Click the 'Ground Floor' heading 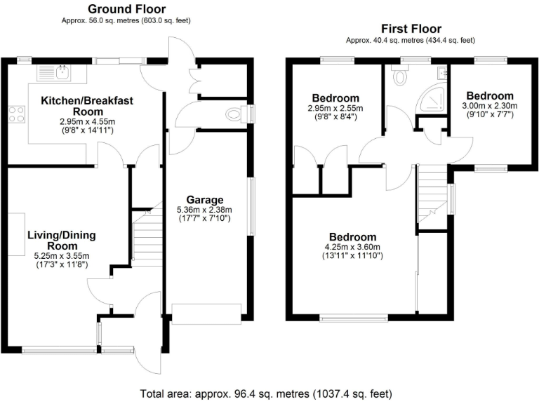coord(126,9)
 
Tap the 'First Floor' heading coord(411,29)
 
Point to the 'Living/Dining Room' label coord(62,241)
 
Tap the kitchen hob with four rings coord(16,114)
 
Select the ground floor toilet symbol coord(232,114)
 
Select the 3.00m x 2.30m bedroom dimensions coord(489,106)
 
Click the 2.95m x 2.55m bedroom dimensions coord(335,108)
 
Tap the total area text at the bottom coord(266,393)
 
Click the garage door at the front coord(206,313)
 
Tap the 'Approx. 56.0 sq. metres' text coord(126,21)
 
